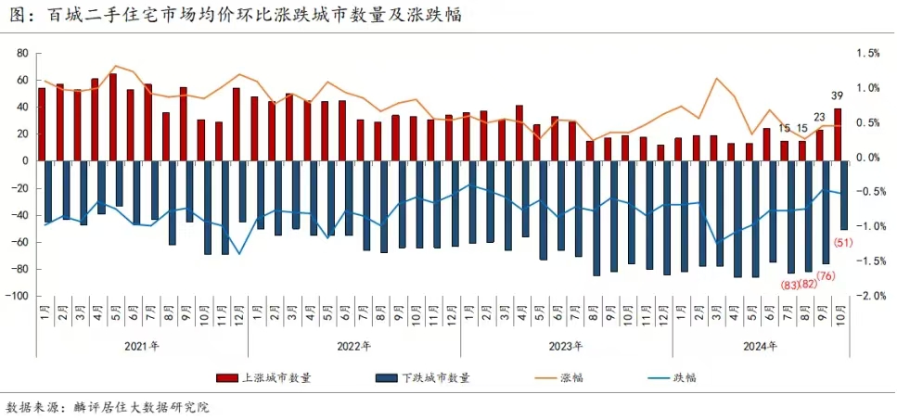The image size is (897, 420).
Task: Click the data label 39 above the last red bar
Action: tap(837, 96)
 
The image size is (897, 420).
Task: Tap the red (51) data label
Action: tap(843, 243)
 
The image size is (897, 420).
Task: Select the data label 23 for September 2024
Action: tap(820, 118)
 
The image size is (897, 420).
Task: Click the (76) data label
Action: tap(826, 276)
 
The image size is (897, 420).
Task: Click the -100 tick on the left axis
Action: tap(19, 296)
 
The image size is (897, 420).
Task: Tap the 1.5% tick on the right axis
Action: tap(868, 53)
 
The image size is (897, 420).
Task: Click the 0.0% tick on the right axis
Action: tap(868, 158)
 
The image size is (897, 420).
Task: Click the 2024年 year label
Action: tap(760, 346)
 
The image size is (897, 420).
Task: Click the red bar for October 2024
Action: tap(838, 134)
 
